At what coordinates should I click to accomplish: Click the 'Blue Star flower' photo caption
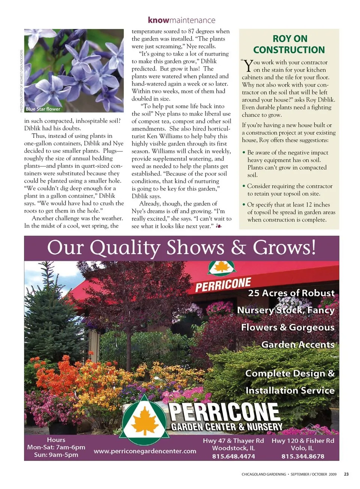[x=43, y=109]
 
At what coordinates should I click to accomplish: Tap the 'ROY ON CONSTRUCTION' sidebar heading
[x=289, y=44]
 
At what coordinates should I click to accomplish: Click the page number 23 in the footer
[x=346, y=474]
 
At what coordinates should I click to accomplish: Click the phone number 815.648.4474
[x=233, y=456]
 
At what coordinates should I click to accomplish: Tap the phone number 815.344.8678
[x=303, y=456]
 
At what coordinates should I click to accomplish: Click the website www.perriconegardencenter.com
[x=145, y=451]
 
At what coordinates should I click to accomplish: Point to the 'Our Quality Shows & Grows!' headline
[x=181, y=248]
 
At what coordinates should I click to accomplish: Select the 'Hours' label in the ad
[x=56, y=440]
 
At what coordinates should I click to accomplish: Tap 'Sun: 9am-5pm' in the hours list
[x=56, y=455]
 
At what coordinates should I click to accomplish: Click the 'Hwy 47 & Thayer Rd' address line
[x=233, y=441]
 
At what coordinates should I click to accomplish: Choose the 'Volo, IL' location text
[x=303, y=448]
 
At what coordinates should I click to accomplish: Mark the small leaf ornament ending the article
[x=219, y=226]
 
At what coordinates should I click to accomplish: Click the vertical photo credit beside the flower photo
[x=21, y=81]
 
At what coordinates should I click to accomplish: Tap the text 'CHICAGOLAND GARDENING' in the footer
[x=264, y=474]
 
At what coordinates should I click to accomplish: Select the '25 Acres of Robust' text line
[x=291, y=293]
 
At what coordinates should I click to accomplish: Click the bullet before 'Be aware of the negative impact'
[x=244, y=153]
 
